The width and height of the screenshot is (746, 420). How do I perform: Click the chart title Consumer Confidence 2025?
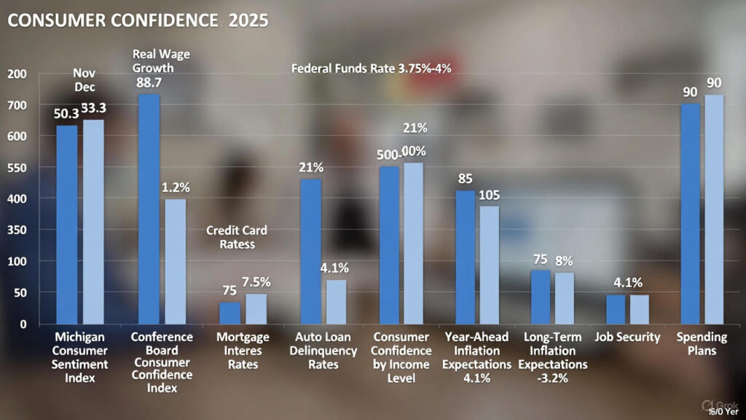(x=138, y=20)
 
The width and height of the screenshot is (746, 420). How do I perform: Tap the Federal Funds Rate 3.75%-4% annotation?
(x=372, y=69)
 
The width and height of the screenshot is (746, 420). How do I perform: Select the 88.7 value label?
(x=149, y=83)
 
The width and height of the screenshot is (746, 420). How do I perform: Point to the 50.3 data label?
(x=66, y=113)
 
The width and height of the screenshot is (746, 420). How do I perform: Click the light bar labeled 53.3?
(x=93, y=222)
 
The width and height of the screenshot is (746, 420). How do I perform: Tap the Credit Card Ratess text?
(x=237, y=238)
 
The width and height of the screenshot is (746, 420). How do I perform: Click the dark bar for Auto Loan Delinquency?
(x=311, y=251)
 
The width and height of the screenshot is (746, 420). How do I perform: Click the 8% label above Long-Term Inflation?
(x=564, y=260)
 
